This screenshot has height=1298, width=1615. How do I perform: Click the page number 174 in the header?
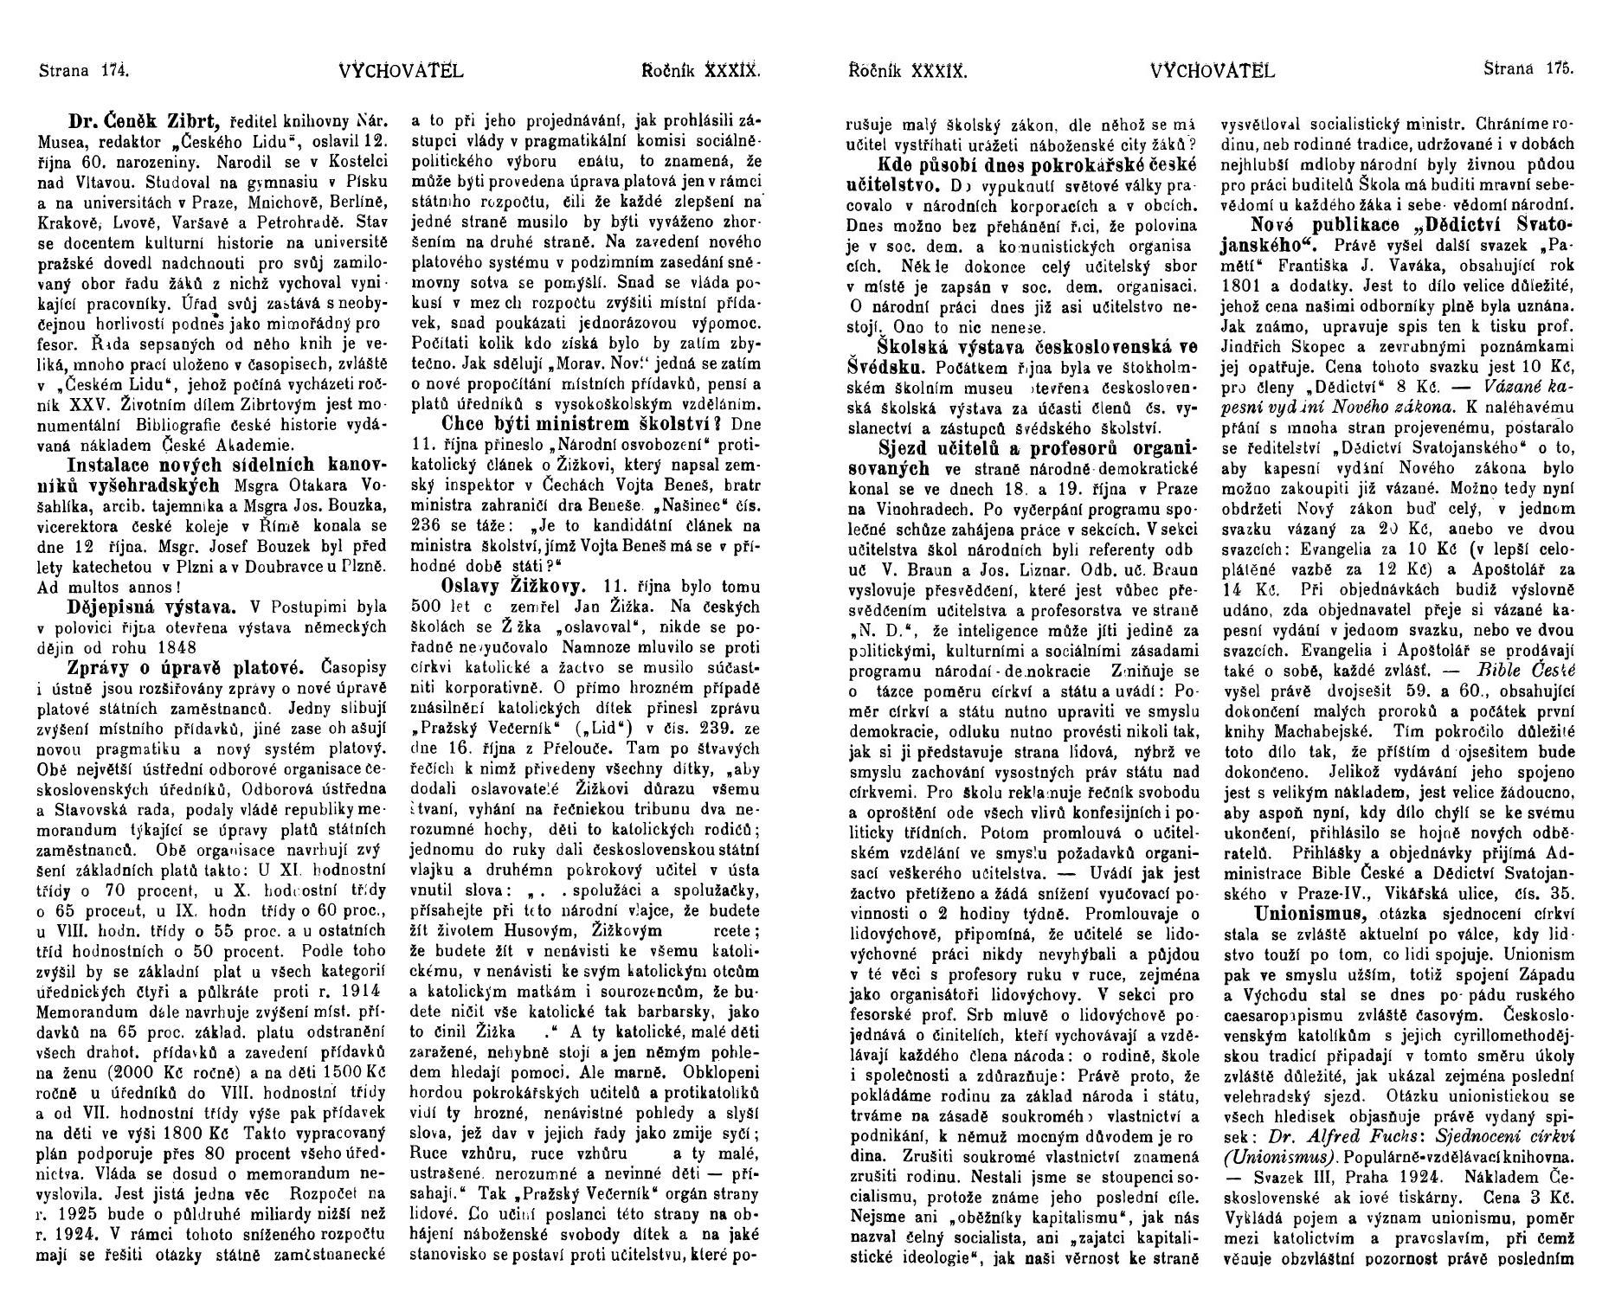pyautogui.click(x=114, y=71)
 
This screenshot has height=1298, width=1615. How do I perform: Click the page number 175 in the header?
pyautogui.click(x=1559, y=71)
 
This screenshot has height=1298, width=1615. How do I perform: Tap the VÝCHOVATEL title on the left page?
pyautogui.click(x=402, y=71)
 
